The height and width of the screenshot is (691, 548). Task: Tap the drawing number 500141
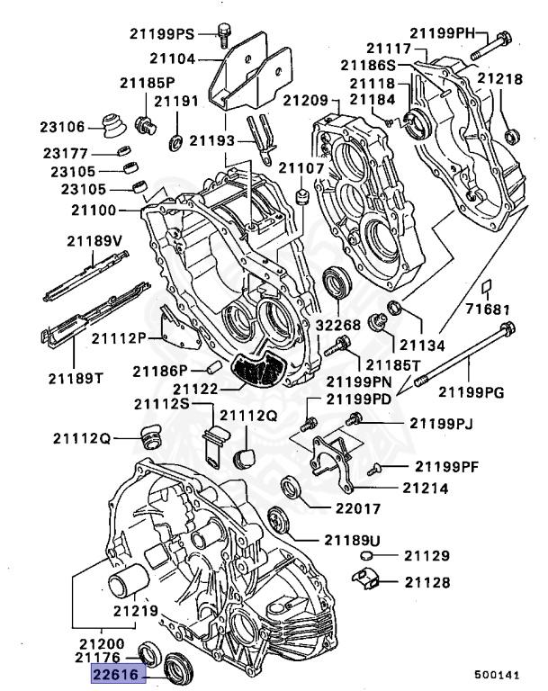click(x=498, y=673)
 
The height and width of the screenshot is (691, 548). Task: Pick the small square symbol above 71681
click(x=484, y=287)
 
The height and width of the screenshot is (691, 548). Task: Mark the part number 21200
click(x=100, y=645)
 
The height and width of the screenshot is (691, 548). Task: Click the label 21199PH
click(x=463, y=33)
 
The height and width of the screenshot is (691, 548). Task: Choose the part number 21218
click(x=499, y=79)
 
